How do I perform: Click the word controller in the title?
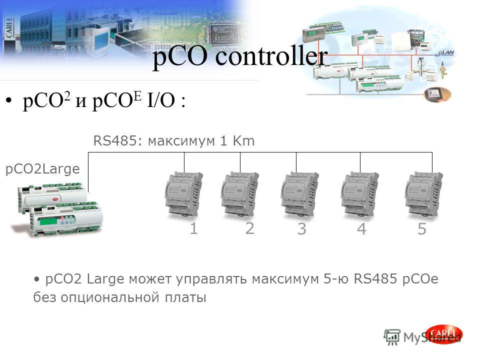pos(271,56)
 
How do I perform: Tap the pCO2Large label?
pos(42,169)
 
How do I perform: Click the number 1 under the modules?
pos(194,228)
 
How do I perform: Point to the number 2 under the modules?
pos(250,228)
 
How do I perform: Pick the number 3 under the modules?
pos(302,229)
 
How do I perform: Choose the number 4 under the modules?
pos(361,229)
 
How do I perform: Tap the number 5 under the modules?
pos(422,229)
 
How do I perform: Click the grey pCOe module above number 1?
pos(183,194)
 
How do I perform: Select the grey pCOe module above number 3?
pos(299,194)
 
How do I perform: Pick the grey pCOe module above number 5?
pos(423,194)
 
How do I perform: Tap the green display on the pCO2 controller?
pos(48,221)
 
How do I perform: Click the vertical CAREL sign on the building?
pos(9,28)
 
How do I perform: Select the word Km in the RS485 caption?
pos(243,141)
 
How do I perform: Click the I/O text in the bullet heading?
pos(161,100)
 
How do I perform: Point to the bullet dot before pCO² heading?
pos(8,100)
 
